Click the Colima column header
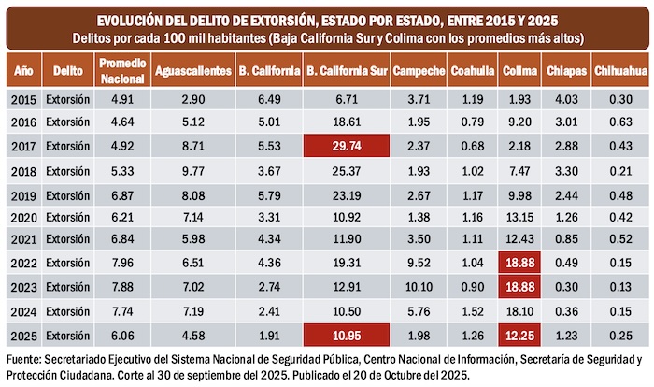pos(519,70)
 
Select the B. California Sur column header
pos(346,70)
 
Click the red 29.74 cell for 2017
pos(346,146)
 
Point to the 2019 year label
pos(25,193)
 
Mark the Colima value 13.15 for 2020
pos(519,218)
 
